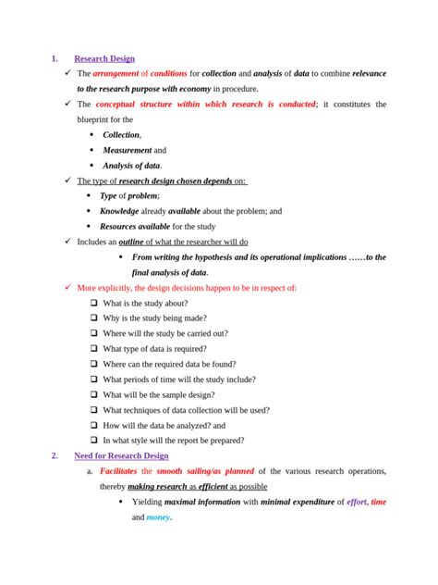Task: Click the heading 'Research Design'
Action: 103,58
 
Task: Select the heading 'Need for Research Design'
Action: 121,455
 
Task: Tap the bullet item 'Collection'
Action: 120,134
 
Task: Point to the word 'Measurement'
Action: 127,150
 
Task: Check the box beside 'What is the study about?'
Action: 94,304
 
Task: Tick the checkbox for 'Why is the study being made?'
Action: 94,318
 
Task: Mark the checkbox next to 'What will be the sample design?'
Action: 94,394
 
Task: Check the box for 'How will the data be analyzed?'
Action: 94,425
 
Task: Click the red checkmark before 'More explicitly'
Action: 67,288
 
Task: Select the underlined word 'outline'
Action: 137,242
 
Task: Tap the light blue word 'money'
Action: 158,517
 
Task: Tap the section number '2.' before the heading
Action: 55,455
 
